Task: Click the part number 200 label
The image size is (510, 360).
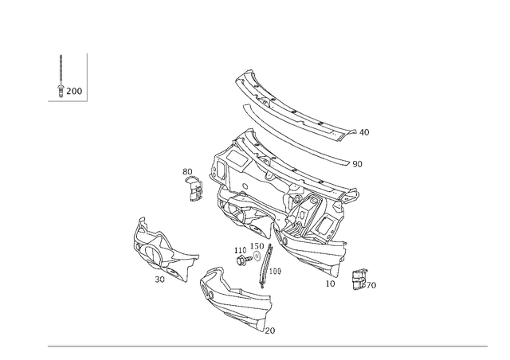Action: click(x=74, y=91)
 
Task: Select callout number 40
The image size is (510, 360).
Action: click(x=364, y=132)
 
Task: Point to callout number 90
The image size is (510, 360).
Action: click(x=357, y=164)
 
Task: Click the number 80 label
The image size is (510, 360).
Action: click(x=187, y=172)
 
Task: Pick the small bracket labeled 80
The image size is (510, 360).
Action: click(x=194, y=189)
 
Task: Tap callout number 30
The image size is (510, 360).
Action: click(x=159, y=280)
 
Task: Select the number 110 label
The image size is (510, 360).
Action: click(x=241, y=250)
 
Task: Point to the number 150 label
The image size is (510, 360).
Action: click(x=257, y=246)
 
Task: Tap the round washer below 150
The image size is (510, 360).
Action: click(x=257, y=256)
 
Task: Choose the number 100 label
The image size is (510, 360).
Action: click(x=275, y=272)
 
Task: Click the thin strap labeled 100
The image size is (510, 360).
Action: click(x=265, y=266)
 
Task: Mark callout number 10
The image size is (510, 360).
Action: click(x=330, y=284)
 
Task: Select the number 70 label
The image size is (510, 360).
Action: click(x=371, y=285)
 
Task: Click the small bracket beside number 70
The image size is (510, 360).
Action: click(x=359, y=280)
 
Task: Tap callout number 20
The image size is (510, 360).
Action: click(x=270, y=331)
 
